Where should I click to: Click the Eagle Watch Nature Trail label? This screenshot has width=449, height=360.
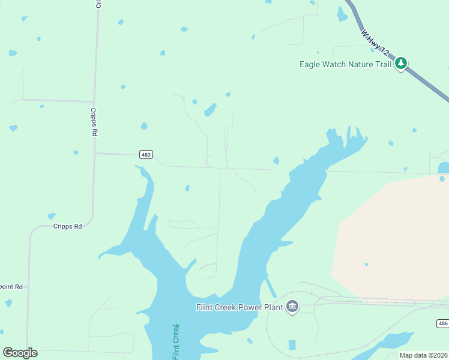click(x=345, y=64)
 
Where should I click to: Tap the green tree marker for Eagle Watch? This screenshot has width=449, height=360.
click(x=401, y=64)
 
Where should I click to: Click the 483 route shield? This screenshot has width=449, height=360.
click(x=146, y=155)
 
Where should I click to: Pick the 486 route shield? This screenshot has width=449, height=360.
click(x=442, y=323)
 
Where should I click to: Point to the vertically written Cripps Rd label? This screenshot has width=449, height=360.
click(x=94, y=122)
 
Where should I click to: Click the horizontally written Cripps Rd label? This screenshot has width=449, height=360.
click(x=67, y=226)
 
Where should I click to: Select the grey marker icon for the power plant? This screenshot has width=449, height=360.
click(x=292, y=307)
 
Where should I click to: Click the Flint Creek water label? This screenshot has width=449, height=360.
click(x=176, y=341)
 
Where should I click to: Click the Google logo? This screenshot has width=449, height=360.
click(x=20, y=353)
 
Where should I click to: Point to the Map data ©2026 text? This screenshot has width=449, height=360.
click(x=424, y=355)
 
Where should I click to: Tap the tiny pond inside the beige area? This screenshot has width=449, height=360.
click(x=366, y=264)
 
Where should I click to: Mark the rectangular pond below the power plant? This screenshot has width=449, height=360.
click(x=292, y=345)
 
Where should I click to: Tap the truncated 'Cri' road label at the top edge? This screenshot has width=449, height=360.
click(x=98, y=4)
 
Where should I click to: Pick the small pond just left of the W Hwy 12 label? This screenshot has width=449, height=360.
click(x=342, y=14)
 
